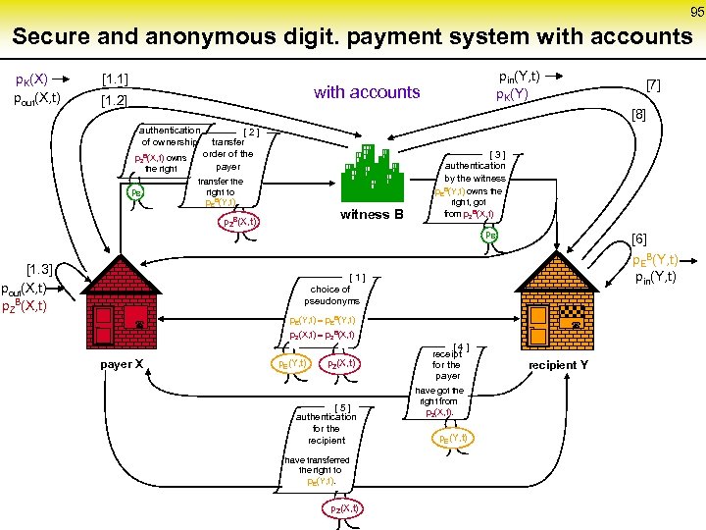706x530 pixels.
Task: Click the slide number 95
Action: pyautogui.click(x=696, y=12)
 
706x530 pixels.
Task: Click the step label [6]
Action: pyautogui.click(x=639, y=238)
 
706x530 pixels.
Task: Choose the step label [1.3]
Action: pyautogui.click(x=39, y=270)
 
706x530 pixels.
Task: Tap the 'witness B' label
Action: pyautogui.click(x=372, y=215)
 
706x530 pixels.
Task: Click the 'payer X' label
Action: pyautogui.click(x=124, y=365)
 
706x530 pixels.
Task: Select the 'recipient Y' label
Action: pyautogui.click(x=559, y=365)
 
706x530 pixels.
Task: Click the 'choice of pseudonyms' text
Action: pyautogui.click(x=331, y=294)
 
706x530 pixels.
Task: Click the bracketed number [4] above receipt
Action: pyautogui.click(x=462, y=345)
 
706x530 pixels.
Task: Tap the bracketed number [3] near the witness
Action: pyautogui.click(x=497, y=154)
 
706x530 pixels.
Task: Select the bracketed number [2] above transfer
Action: pyautogui.click(x=250, y=131)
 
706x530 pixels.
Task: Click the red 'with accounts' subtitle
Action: pyautogui.click(x=367, y=92)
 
